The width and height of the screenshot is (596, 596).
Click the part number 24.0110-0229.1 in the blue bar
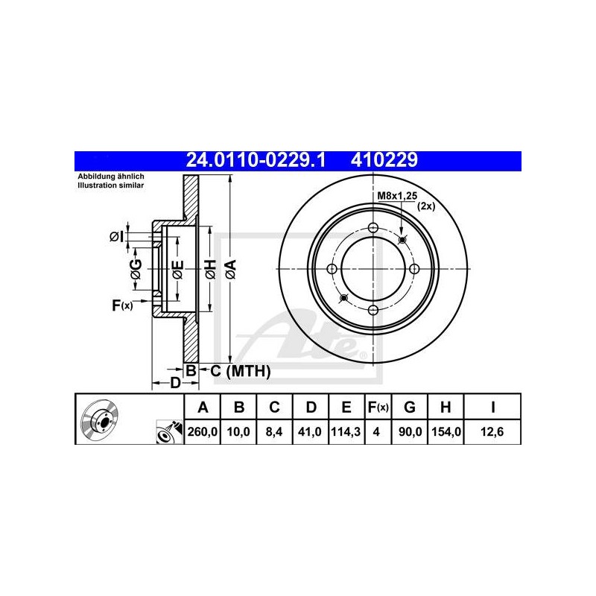pos(256,160)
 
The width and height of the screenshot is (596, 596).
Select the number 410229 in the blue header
pos(384,160)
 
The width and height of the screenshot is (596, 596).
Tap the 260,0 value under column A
pos(202,432)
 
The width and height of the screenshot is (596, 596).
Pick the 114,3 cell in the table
pos(346,432)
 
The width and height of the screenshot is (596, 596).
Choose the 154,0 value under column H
pos(446,432)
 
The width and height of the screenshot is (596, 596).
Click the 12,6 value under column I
pos(492,432)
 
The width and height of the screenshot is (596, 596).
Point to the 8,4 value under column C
pos(274,432)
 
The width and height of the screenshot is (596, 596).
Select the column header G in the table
pos(409,407)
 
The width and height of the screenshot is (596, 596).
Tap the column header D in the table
pos(311,407)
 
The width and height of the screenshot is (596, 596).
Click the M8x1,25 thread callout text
pos(397,196)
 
